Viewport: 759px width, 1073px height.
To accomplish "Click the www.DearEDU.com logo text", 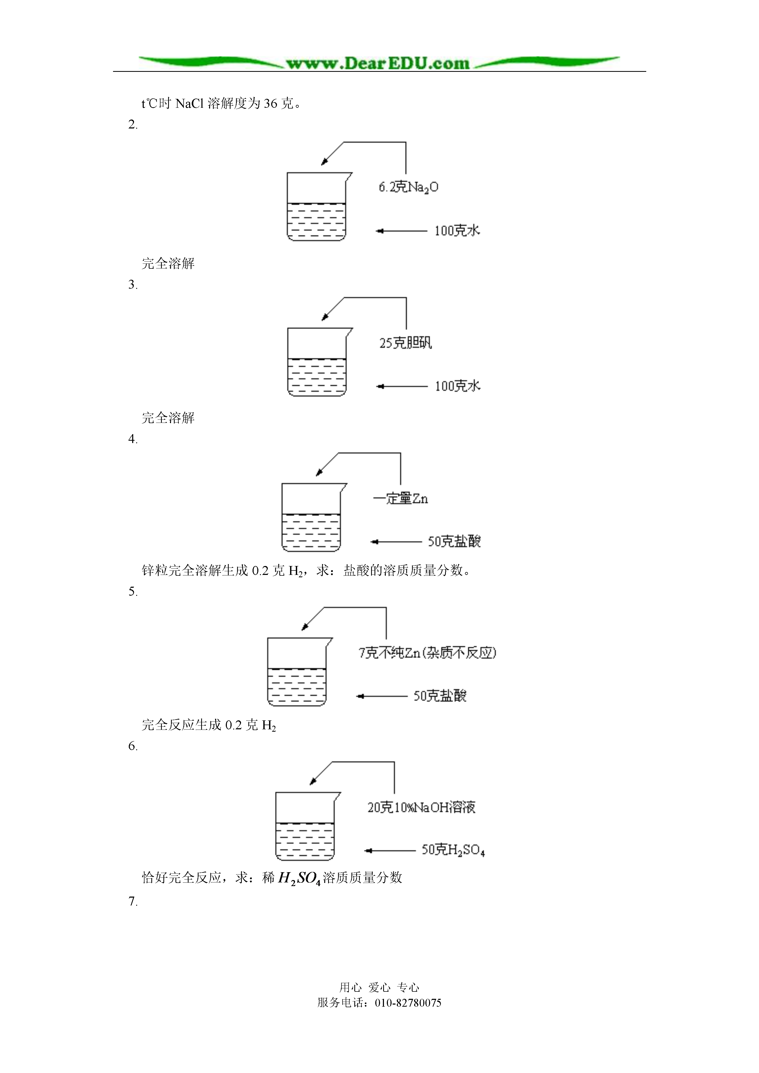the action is (x=378, y=63).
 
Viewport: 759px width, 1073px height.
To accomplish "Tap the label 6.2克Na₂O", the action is (x=408, y=187).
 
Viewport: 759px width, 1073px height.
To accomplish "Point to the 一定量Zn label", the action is (x=400, y=499).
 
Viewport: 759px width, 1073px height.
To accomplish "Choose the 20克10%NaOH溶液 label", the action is (x=421, y=807).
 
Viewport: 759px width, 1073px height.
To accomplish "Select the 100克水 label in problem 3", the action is (x=457, y=386).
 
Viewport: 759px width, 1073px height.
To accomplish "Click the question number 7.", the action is (x=133, y=901).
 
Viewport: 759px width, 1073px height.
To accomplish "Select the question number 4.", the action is (x=133, y=439).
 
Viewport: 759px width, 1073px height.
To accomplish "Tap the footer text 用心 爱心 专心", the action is (x=379, y=988).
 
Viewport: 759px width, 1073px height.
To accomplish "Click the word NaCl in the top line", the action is (x=189, y=103).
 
